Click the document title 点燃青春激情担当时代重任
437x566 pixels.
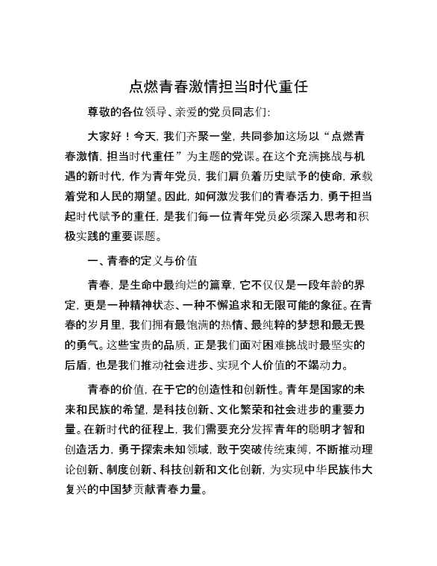click(218, 85)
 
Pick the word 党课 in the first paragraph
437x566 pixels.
click(243, 157)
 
